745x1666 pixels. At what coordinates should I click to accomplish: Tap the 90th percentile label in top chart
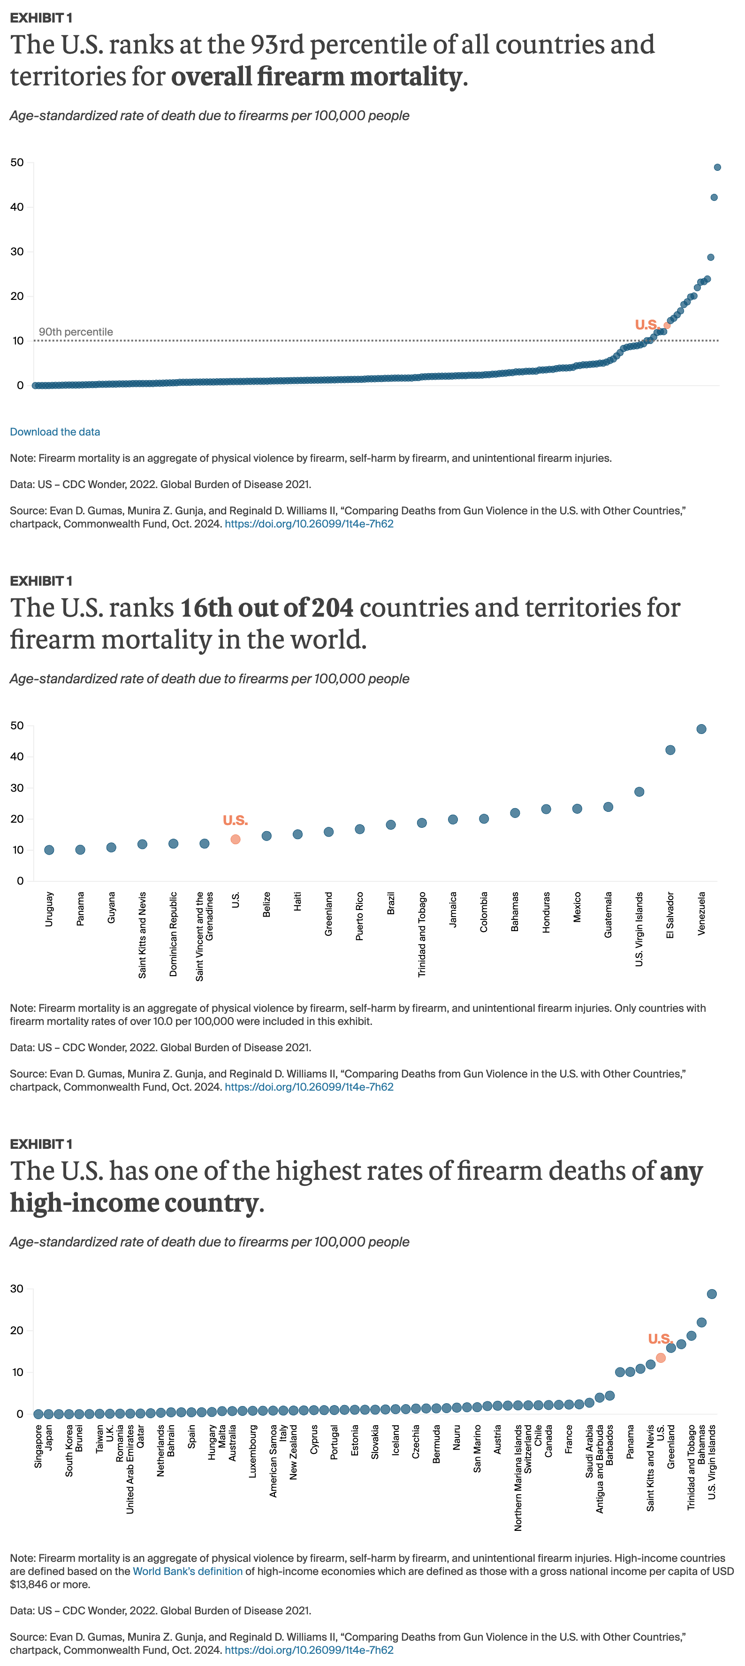pos(76,332)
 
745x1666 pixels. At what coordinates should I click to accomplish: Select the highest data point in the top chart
pos(716,168)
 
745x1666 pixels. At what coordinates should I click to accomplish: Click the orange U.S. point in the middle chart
pos(236,840)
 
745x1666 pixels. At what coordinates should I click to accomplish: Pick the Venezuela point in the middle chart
pos(701,729)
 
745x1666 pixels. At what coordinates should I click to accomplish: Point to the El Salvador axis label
pos(670,915)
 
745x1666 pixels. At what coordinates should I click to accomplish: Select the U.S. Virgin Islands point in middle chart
pos(639,792)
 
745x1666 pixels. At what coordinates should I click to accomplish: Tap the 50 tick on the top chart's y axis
pos(17,162)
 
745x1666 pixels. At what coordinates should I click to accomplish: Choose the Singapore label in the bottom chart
pos(38,1446)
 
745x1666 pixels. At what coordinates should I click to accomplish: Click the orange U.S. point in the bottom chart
pos(660,1358)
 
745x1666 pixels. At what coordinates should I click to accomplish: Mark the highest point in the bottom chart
pos(711,1294)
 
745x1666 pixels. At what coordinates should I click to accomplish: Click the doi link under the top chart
pos(309,524)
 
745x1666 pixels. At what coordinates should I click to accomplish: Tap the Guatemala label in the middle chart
pos(608,915)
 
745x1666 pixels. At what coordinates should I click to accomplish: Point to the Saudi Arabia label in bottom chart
pos(589,1451)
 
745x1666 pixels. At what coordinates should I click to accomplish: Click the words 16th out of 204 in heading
pos(266,608)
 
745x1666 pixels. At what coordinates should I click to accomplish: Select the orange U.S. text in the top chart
pos(646,325)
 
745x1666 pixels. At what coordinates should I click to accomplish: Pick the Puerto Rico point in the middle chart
pos(359,829)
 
